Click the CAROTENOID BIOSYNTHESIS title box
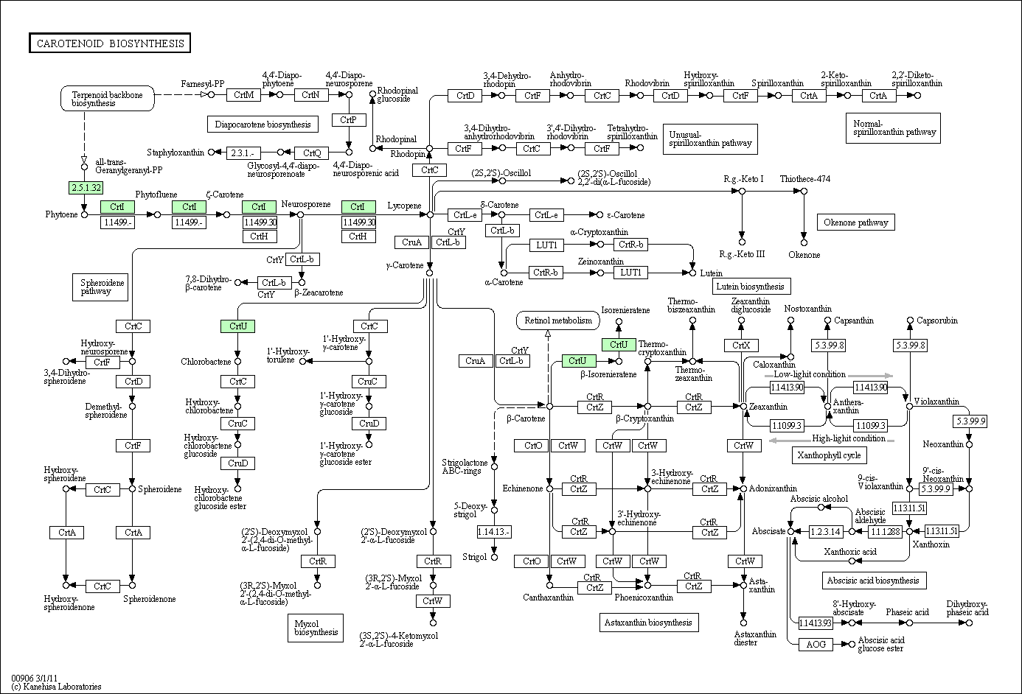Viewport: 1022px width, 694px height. [110, 43]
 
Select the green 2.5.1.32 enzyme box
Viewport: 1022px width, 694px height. [86, 187]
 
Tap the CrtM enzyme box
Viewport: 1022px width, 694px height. [243, 95]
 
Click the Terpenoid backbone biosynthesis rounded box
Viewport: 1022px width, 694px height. [107, 99]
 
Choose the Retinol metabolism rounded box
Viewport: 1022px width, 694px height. [558, 320]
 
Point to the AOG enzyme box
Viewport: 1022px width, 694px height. [816, 644]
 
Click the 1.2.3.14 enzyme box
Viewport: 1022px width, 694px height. [826, 531]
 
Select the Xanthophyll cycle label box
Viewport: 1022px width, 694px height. [829, 455]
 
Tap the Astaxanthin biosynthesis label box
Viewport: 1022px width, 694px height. [649, 623]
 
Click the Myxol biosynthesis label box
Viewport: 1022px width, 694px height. [316, 628]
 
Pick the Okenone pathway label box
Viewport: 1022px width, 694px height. [856, 222]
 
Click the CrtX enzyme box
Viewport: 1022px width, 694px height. [741, 346]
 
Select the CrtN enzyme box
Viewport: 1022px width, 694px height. [310, 95]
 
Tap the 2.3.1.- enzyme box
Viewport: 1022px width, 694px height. [243, 153]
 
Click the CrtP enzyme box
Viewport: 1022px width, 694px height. [349, 120]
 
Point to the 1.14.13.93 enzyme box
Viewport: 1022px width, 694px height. [816, 623]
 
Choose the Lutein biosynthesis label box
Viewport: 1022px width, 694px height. [751, 287]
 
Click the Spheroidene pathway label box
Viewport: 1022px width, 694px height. [100, 287]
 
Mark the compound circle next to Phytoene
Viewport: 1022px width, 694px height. [84, 214]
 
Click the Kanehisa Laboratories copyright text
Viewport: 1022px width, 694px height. [57, 687]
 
